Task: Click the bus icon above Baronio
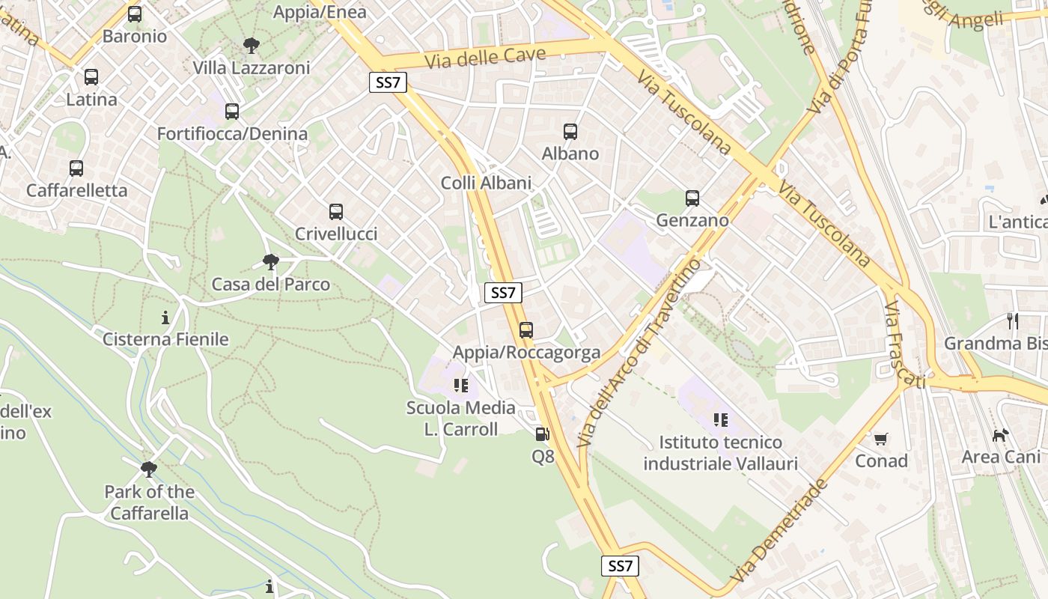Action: [135, 14]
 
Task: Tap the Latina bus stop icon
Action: [91, 77]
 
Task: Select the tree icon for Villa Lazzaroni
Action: [252, 46]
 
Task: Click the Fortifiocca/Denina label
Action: [232, 134]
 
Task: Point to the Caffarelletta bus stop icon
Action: [76, 168]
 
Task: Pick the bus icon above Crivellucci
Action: [336, 212]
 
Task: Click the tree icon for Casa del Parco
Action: [271, 262]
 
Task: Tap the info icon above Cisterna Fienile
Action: [165, 317]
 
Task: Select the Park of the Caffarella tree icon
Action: [149, 469]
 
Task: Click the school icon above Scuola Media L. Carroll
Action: [461, 386]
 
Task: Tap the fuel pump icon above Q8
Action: [542, 434]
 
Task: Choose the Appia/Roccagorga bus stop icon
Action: [526, 330]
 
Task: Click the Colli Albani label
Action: [486, 183]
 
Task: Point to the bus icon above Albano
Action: [570, 132]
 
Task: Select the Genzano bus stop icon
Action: [692, 198]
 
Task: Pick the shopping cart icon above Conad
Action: [881, 439]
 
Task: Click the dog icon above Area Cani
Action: [1000, 435]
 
